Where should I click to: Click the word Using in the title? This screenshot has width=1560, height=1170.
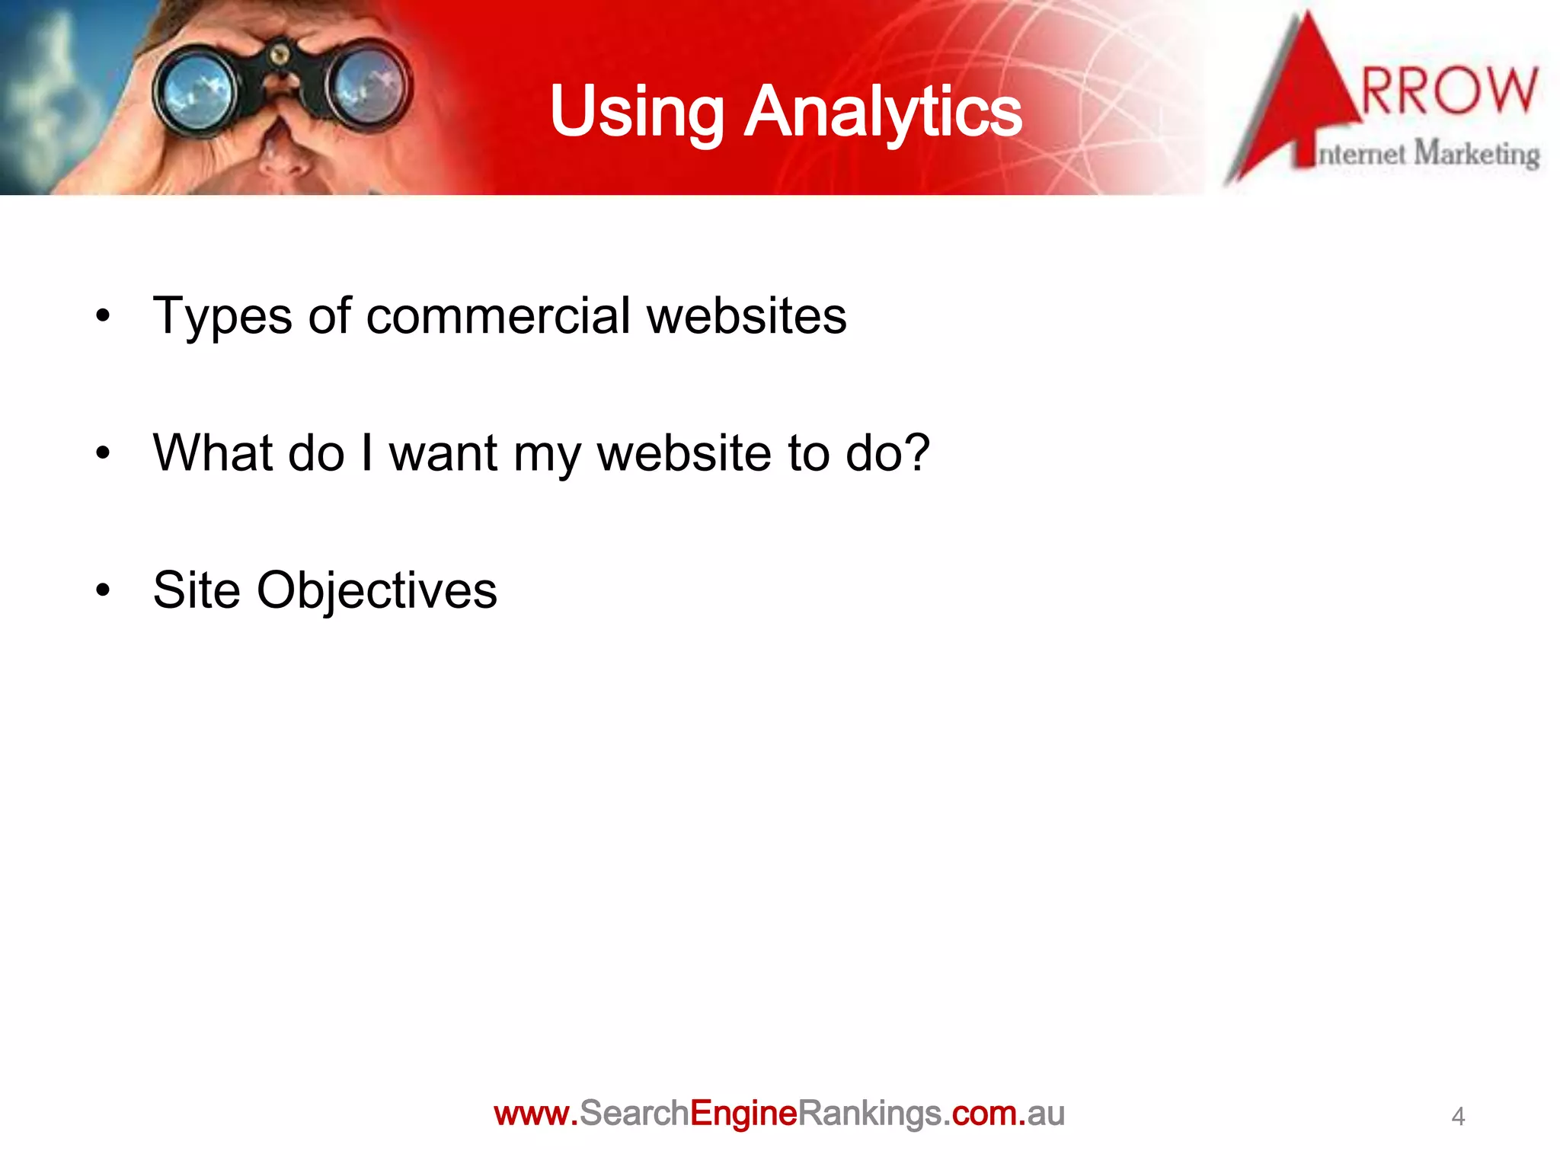pos(636,113)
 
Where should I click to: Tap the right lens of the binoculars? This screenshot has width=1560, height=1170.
pos(369,85)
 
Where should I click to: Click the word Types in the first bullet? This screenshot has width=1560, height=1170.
pos(222,317)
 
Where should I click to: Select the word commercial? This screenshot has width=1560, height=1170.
pos(498,315)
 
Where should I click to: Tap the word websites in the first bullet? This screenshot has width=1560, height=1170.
pos(746,315)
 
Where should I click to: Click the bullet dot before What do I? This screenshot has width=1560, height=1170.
pos(103,454)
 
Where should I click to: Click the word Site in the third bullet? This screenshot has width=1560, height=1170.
pos(197,590)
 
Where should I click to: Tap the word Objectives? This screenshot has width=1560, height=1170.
pos(376,591)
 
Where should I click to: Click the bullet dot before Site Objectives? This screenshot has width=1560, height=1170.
pos(103,590)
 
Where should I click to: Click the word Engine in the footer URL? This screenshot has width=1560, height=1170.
pos(743,1114)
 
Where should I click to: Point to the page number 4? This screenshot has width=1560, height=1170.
pos(1458,1117)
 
